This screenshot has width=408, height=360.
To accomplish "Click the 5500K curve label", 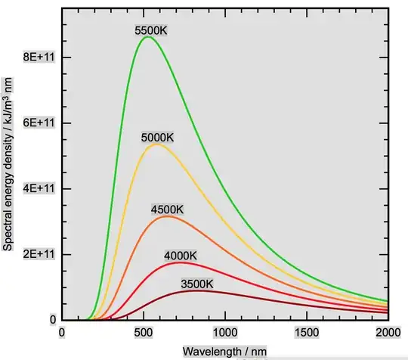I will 151,30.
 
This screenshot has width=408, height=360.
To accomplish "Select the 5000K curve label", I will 157,138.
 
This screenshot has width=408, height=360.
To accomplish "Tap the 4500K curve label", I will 167,209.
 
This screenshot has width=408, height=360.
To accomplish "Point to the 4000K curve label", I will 181,256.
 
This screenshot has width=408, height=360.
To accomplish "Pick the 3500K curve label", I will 197,284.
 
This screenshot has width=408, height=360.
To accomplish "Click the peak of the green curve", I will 147,37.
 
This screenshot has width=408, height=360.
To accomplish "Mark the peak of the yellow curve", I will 156,144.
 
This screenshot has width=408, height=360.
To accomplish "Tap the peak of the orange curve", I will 167,216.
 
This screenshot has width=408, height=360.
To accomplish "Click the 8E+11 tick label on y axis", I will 39,57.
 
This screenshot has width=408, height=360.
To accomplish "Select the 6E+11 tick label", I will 39,123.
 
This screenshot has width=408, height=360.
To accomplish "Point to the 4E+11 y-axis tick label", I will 39,188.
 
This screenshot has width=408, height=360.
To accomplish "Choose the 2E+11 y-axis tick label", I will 39,254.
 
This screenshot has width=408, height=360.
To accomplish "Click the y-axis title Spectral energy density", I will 9,163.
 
